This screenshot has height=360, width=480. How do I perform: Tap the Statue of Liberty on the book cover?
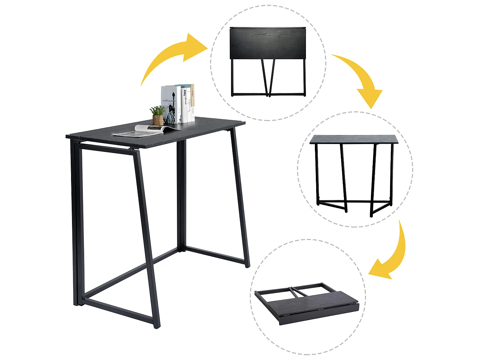171,109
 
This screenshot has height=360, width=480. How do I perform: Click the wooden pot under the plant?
158,120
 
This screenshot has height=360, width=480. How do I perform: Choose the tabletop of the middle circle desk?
354,139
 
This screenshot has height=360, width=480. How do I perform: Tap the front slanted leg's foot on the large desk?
156,325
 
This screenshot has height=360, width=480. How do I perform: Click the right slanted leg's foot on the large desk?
247,264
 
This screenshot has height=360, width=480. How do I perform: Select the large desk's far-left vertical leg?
77,224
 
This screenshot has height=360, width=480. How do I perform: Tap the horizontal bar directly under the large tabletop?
106,147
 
